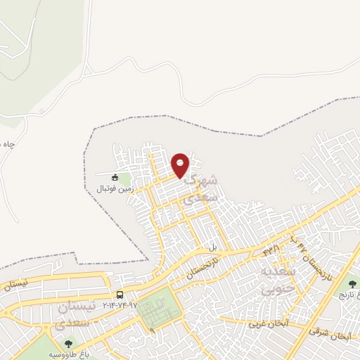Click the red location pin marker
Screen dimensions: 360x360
(x=180, y=166)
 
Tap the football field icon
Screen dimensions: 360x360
(x=115, y=176)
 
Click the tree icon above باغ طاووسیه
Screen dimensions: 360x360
(x=68, y=344)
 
